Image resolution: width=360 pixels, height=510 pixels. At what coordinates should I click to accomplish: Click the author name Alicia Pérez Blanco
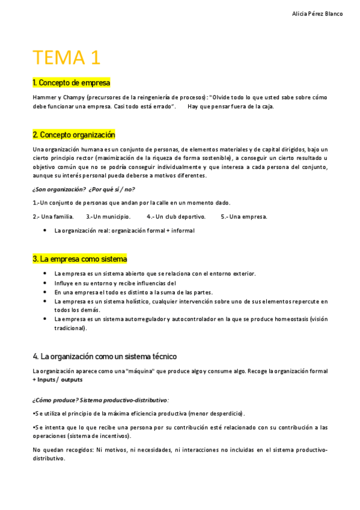coord(317,14)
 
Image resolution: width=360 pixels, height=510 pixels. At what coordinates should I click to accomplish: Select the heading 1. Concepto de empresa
coord(71,82)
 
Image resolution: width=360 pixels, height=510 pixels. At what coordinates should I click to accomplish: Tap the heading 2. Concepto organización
coord(73,135)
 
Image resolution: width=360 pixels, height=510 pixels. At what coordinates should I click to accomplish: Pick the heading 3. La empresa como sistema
coord(79,259)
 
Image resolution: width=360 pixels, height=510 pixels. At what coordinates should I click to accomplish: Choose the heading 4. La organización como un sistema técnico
coord(105,357)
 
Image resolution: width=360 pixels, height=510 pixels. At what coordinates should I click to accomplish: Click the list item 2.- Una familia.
coord(53,217)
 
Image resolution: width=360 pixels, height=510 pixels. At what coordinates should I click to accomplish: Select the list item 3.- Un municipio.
coord(108,217)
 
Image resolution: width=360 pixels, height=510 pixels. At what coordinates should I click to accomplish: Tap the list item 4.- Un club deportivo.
coord(175,217)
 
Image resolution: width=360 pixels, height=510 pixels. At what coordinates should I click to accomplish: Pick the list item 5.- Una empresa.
coord(243,217)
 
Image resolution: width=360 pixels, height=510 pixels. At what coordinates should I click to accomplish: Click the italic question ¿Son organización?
coord(59,189)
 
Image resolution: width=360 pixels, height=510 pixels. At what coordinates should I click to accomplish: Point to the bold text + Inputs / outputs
coord(58,379)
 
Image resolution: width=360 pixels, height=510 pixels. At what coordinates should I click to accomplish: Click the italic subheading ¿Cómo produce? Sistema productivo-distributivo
coord(100,400)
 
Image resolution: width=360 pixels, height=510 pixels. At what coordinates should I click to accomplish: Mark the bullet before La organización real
coord(46,230)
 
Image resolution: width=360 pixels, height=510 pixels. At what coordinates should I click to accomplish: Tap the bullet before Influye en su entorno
coord(46,283)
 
